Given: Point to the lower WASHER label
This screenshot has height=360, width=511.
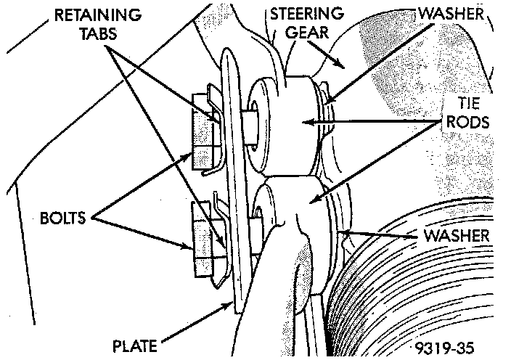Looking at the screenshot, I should click(457, 236).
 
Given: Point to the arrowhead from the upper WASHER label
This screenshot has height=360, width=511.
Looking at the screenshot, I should click(325, 102).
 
